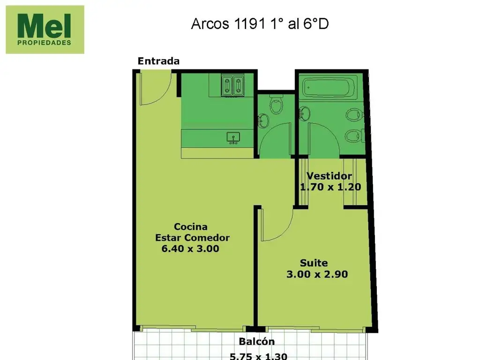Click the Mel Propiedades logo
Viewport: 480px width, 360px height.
[45, 30]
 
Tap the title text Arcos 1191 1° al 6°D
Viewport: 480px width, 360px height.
[260, 23]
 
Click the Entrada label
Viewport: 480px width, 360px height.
[158, 61]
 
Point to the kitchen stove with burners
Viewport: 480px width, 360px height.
[232, 85]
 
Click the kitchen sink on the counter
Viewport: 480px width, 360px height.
[233, 138]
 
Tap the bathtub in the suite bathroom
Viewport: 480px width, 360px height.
[329, 87]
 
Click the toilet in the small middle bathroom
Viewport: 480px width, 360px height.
[277, 104]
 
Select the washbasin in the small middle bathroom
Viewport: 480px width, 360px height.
[263, 120]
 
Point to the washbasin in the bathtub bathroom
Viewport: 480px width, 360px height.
[305, 113]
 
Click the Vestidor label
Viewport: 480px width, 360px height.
[329, 176]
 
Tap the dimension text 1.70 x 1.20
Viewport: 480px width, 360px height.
[330, 187]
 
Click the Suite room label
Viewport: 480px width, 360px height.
[314, 263]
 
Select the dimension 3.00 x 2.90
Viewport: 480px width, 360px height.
[317, 274]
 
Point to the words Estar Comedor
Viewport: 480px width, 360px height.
[192, 238]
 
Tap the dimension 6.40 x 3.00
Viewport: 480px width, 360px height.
[190, 248]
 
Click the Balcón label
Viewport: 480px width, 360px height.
[257, 341]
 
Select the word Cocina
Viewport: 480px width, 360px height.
[191, 227]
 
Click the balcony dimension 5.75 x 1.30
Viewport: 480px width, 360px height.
[258, 356]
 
